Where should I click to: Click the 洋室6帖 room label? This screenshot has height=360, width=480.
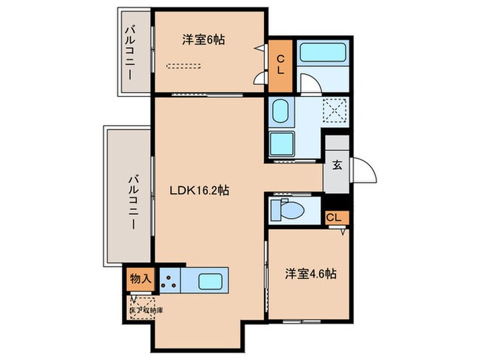[x=204, y=40]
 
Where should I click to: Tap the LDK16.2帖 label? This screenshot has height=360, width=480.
[x=200, y=191]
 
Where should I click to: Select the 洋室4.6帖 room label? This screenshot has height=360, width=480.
[x=310, y=274]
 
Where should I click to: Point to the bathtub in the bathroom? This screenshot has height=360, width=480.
[x=324, y=53]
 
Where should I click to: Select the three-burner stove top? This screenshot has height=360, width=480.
[x=171, y=280]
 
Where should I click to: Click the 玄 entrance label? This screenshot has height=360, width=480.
[x=337, y=165]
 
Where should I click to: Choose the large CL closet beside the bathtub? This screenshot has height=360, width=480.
[x=280, y=63]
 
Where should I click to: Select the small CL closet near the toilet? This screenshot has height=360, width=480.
[x=335, y=217]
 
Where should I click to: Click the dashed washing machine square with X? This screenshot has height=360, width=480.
[x=334, y=110]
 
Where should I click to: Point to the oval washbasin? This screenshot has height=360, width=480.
[x=280, y=111]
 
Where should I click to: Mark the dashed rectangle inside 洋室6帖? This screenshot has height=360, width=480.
[x=184, y=67]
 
